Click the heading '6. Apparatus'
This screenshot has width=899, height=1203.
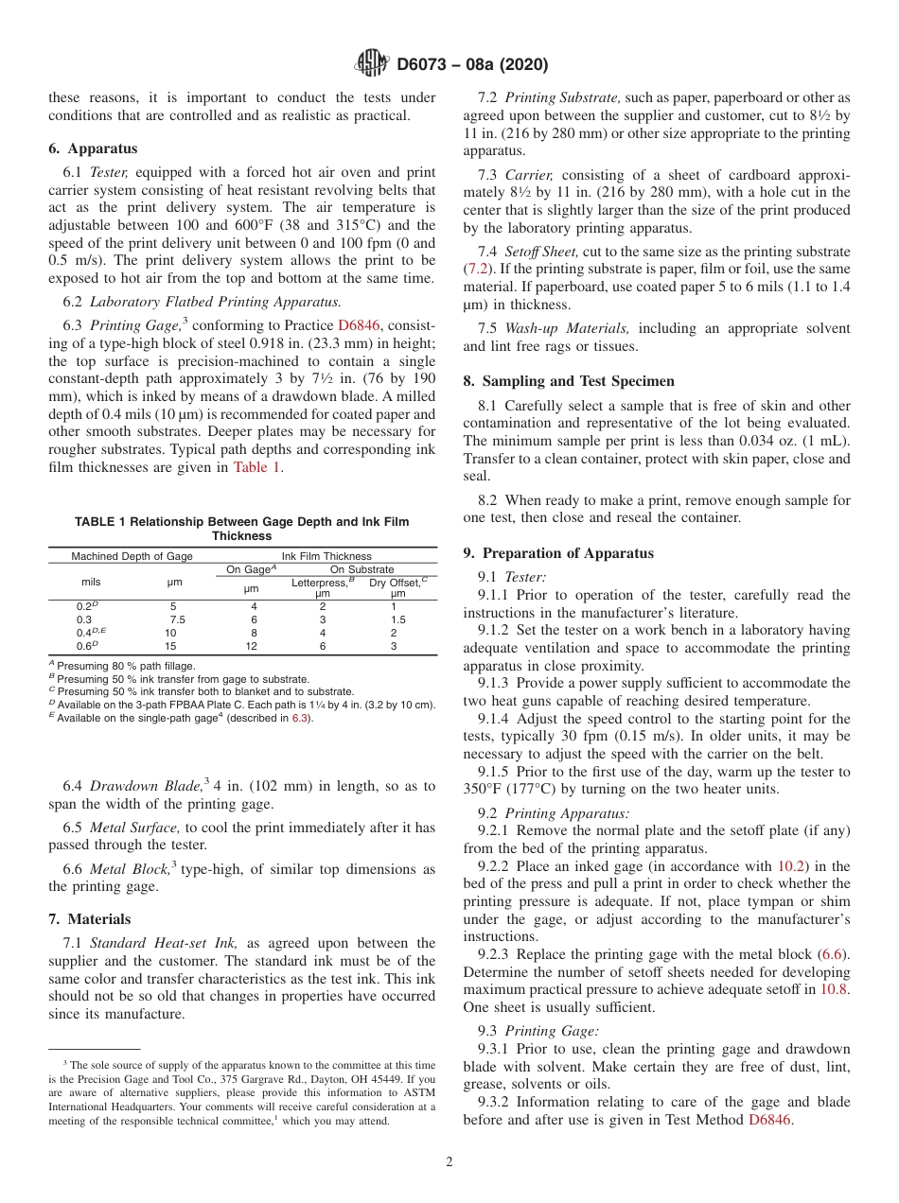point(93,148)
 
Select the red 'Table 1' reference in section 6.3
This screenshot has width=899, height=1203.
point(256,466)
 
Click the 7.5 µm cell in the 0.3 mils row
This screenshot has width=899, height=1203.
point(176,619)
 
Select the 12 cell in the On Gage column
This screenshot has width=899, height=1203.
point(253,646)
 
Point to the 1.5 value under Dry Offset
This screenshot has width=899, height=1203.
point(397,619)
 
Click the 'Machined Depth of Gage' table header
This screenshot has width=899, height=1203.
point(132,556)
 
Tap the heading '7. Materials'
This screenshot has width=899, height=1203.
point(89,919)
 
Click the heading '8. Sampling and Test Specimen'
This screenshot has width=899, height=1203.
point(569,381)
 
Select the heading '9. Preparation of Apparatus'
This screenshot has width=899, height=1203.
point(557,552)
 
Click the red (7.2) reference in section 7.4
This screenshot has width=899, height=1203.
point(476,270)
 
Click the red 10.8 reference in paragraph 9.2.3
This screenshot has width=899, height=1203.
point(835,989)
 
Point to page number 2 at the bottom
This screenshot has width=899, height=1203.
point(449,1162)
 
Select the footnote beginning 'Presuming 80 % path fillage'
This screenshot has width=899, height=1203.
point(127,666)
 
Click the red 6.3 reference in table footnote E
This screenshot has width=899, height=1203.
point(297,718)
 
